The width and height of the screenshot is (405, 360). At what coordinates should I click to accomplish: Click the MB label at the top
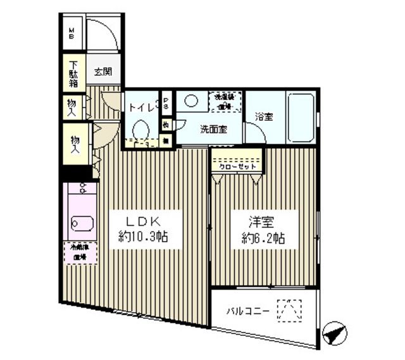[72, 32]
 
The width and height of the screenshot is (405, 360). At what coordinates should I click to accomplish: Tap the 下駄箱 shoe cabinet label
[75, 72]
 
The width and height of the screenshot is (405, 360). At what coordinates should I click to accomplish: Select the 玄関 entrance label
[104, 72]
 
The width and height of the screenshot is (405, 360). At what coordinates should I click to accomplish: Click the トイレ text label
[142, 108]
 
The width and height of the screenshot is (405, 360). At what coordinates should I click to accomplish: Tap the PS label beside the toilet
[166, 102]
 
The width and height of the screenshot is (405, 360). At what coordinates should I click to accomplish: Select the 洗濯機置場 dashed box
[226, 101]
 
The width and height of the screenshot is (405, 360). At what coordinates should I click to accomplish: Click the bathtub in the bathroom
[301, 118]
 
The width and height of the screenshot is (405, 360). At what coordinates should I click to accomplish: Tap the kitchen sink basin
[80, 223]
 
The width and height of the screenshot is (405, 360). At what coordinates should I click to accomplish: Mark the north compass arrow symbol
[333, 333]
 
